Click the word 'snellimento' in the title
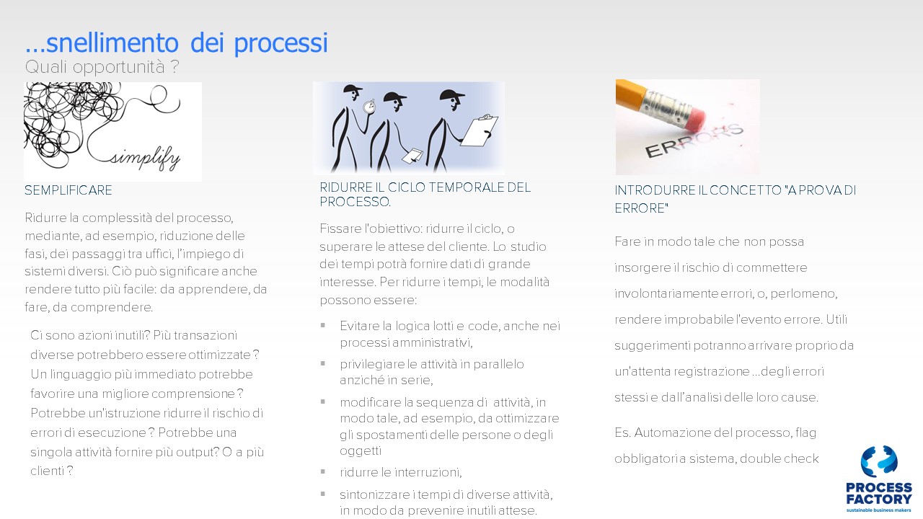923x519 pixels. [112, 43]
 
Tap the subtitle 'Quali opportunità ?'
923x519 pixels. [102, 67]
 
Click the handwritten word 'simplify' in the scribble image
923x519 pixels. [145, 159]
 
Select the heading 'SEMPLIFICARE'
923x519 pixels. [68, 190]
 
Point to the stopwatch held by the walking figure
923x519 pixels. [369, 107]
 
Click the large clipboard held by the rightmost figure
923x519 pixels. [478, 130]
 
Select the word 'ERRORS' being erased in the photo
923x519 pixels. [694, 141]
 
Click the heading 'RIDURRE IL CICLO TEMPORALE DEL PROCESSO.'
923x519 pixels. [425, 195]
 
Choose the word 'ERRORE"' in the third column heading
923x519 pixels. [641, 208]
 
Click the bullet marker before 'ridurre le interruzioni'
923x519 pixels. [323, 471]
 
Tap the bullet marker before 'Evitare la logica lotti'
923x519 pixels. [323, 325]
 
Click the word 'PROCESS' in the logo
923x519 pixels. [879, 488]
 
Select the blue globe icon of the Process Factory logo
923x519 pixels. [879, 461]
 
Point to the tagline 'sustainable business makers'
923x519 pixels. [879, 510]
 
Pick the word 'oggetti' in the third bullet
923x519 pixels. [361, 451]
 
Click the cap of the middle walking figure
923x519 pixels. [394, 97]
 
